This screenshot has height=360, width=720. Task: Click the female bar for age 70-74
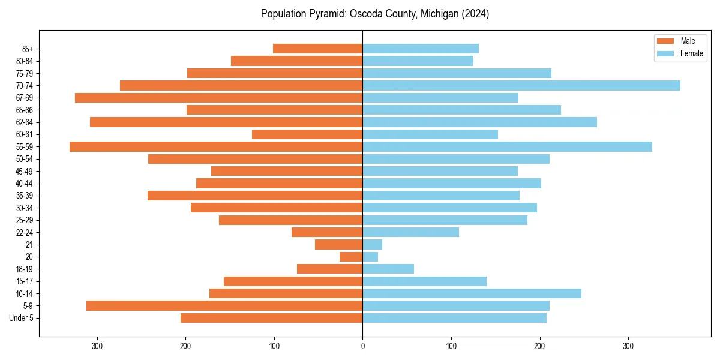coord(521,85)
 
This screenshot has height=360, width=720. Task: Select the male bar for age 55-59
coord(216,146)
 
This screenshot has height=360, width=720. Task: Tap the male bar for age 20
coord(351,257)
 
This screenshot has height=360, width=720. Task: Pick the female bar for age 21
coord(372,244)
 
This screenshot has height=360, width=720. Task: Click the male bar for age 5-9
coord(224,305)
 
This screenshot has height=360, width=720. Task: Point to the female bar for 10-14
coord(472,293)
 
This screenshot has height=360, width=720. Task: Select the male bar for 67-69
coord(218,98)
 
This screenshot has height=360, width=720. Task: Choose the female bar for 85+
coord(421,49)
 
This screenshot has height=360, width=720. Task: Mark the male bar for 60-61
coord(307,134)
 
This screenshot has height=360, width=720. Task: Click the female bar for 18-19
coord(388,269)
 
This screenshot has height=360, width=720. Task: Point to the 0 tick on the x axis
coord(362,346)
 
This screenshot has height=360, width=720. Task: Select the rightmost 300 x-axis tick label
coord(628,346)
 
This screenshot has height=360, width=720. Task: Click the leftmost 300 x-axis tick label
coord(97,346)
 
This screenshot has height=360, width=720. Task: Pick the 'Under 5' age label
coord(22,318)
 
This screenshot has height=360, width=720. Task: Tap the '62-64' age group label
coord(25,122)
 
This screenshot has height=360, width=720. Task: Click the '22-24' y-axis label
coord(25,232)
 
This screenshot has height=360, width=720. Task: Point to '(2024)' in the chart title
coord(474,14)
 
